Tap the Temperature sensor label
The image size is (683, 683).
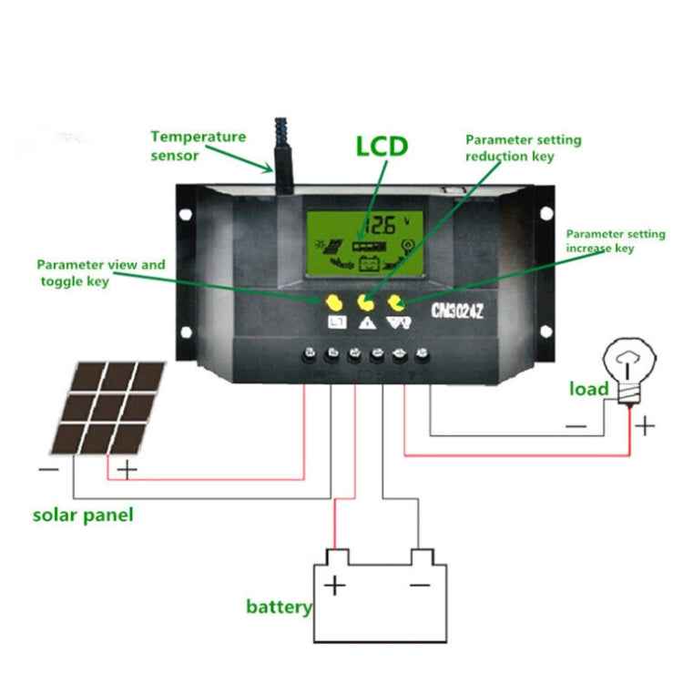tap(198, 146)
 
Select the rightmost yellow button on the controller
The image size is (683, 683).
tap(396, 301)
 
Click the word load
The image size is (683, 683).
tap(588, 390)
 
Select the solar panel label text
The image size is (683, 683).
tap(83, 515)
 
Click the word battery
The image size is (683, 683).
tap(279, 607)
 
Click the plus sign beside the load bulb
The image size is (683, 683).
tap(645, 425)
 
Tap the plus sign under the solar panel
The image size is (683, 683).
tap(127, 470)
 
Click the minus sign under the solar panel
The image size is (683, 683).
tap(47, 471)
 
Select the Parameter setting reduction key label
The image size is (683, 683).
tap(523, 148)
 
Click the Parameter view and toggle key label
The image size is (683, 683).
tap(101, 273)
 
